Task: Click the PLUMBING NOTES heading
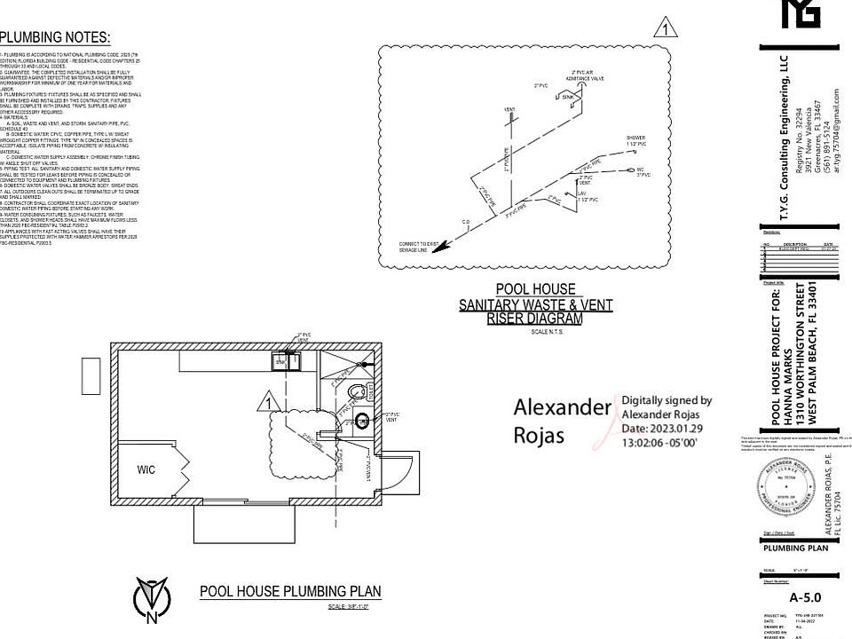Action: coord(56,37)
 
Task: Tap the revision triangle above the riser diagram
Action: coord(664,29)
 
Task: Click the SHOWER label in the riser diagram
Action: coord(635,138)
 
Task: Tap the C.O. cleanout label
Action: coord(465,222)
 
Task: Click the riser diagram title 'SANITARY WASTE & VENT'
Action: coord(535,304)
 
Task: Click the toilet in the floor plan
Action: coord(357,391)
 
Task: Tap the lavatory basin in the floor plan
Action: coord(361,420)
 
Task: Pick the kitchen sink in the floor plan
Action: coord(287,361)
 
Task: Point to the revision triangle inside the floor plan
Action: coord(267,403)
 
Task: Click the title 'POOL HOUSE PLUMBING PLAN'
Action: coord(290,591)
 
